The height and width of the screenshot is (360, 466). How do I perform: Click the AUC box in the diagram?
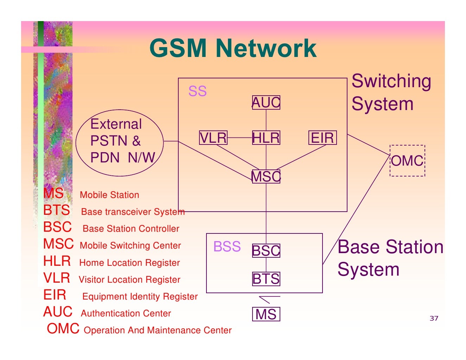coord(266,103)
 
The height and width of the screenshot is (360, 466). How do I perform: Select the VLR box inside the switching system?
coord(213,138)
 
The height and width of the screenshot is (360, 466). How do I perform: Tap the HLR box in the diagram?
coord(266,138)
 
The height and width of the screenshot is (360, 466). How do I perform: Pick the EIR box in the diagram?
coord(323,138)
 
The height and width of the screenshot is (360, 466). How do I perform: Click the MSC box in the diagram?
coord(266,176)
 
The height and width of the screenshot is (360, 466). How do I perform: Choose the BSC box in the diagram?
coord(266,251)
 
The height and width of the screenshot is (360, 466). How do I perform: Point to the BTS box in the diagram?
coord(266,279)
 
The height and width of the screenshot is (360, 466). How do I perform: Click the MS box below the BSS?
coord(266,314)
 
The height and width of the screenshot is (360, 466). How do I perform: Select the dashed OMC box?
coord(407,161)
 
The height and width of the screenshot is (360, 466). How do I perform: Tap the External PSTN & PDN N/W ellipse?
coord(120,142)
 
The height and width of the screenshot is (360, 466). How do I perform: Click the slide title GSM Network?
coord(233,48)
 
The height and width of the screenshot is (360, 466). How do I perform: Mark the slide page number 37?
coord(434,318)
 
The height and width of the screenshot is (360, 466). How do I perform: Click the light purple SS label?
coord(197,91)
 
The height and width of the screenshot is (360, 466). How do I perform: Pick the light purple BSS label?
coord(227,247)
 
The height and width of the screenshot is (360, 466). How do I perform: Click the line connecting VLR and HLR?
coord(240,138)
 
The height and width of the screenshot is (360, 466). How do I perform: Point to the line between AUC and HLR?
coord(266,120)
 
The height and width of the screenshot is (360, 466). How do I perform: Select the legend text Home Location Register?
coord(129,263)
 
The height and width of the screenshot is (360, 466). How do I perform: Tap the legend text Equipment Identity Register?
coord(140,296)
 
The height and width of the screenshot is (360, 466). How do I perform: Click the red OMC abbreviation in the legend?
coord(63,329)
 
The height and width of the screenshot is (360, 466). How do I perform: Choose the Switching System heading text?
coord(391,92)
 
